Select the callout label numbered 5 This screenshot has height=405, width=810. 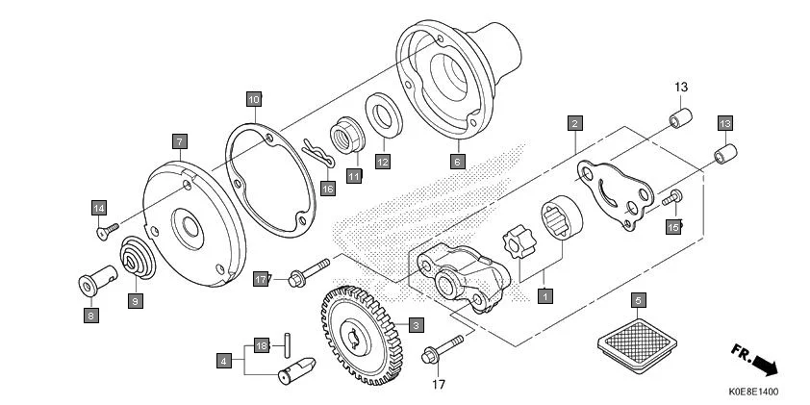click(x=637, y=299)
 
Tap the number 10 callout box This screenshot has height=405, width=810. click(x=253, y=99)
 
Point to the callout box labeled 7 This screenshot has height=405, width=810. click(x=179, y=140)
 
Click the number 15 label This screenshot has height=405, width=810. click(x=673, y=225)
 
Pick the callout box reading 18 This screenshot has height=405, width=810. click(x=260, y=343)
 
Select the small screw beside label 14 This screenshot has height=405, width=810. click(x=107, y=230)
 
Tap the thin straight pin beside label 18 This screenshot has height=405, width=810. click(x=287, y=343)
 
